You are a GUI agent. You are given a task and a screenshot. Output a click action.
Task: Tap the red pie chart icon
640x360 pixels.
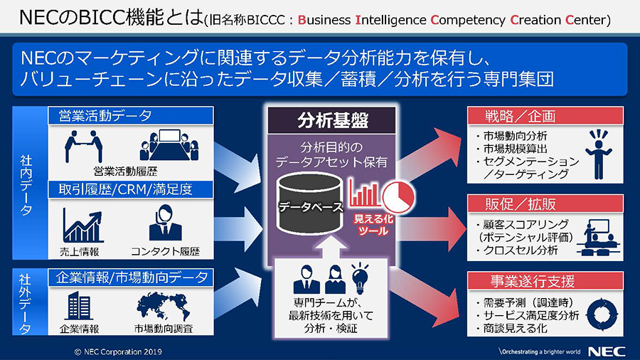[x=398, y=197]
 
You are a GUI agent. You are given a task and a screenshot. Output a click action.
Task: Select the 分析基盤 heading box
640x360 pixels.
[x=331, y=120]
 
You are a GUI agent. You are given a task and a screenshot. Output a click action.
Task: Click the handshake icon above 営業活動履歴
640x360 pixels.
[x=83, y=146]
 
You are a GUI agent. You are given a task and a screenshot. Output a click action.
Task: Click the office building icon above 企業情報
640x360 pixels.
[x=79, y=305]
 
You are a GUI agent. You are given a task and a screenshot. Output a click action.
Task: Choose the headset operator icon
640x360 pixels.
[x=165, y=223]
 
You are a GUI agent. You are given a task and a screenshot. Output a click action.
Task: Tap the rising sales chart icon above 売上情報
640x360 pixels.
[x=82, y=226]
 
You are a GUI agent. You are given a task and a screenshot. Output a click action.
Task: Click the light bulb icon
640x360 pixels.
[x=360, y=278]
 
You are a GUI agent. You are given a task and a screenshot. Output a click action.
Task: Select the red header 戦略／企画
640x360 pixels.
[x=545, y=116]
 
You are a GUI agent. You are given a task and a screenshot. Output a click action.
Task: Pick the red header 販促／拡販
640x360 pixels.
[x=545, y=203]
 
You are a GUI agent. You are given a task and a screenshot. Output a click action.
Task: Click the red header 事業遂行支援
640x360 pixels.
[x=545, y=281]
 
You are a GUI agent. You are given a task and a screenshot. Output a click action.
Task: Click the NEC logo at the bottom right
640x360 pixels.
[x=607, y=351]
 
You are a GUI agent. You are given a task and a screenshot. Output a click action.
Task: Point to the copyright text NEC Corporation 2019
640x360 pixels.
[x=118, y=352]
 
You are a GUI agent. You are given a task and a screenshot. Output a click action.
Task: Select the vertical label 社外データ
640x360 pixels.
[x=26, y=302]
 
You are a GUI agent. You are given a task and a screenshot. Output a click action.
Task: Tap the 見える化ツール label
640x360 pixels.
[x=373, y=225]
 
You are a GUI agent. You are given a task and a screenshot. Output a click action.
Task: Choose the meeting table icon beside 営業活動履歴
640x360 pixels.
[x=169, y=145]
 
